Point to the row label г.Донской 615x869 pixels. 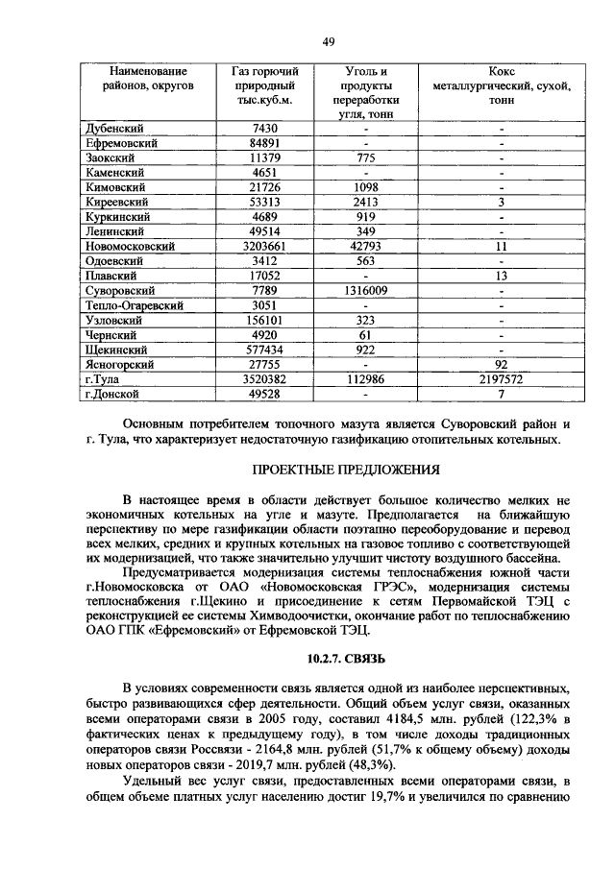click(x=111, y=394)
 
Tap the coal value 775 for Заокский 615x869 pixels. click(x=364, y=157)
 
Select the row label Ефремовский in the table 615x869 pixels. click(x=121, y=143)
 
